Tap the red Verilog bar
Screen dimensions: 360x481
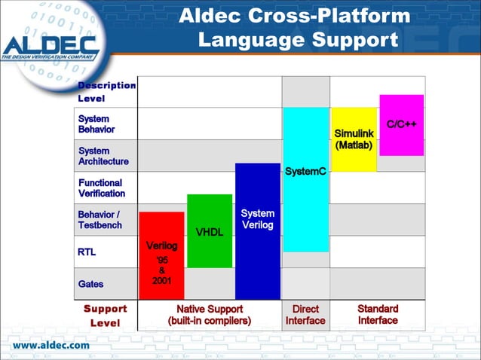coord(161,256)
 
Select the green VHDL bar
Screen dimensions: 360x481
coord(210,230)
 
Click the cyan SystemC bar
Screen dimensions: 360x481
coord(305,179)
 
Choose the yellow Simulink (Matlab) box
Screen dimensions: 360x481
coord(354,139)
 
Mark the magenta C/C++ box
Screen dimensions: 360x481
coord(401,125)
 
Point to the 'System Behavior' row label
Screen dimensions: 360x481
coord(94,124)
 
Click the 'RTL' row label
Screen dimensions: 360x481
coord(87,252)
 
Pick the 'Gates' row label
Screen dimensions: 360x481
coord(90,284)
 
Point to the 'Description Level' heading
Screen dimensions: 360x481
coord(106,91)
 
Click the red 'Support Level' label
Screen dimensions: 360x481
coord(105,316)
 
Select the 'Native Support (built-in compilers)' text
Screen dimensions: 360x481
coord(210,315)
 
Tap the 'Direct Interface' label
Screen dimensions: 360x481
coord(305,315)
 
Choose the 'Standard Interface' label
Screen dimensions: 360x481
coord(378,315)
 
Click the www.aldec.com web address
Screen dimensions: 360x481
coord(51,345)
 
